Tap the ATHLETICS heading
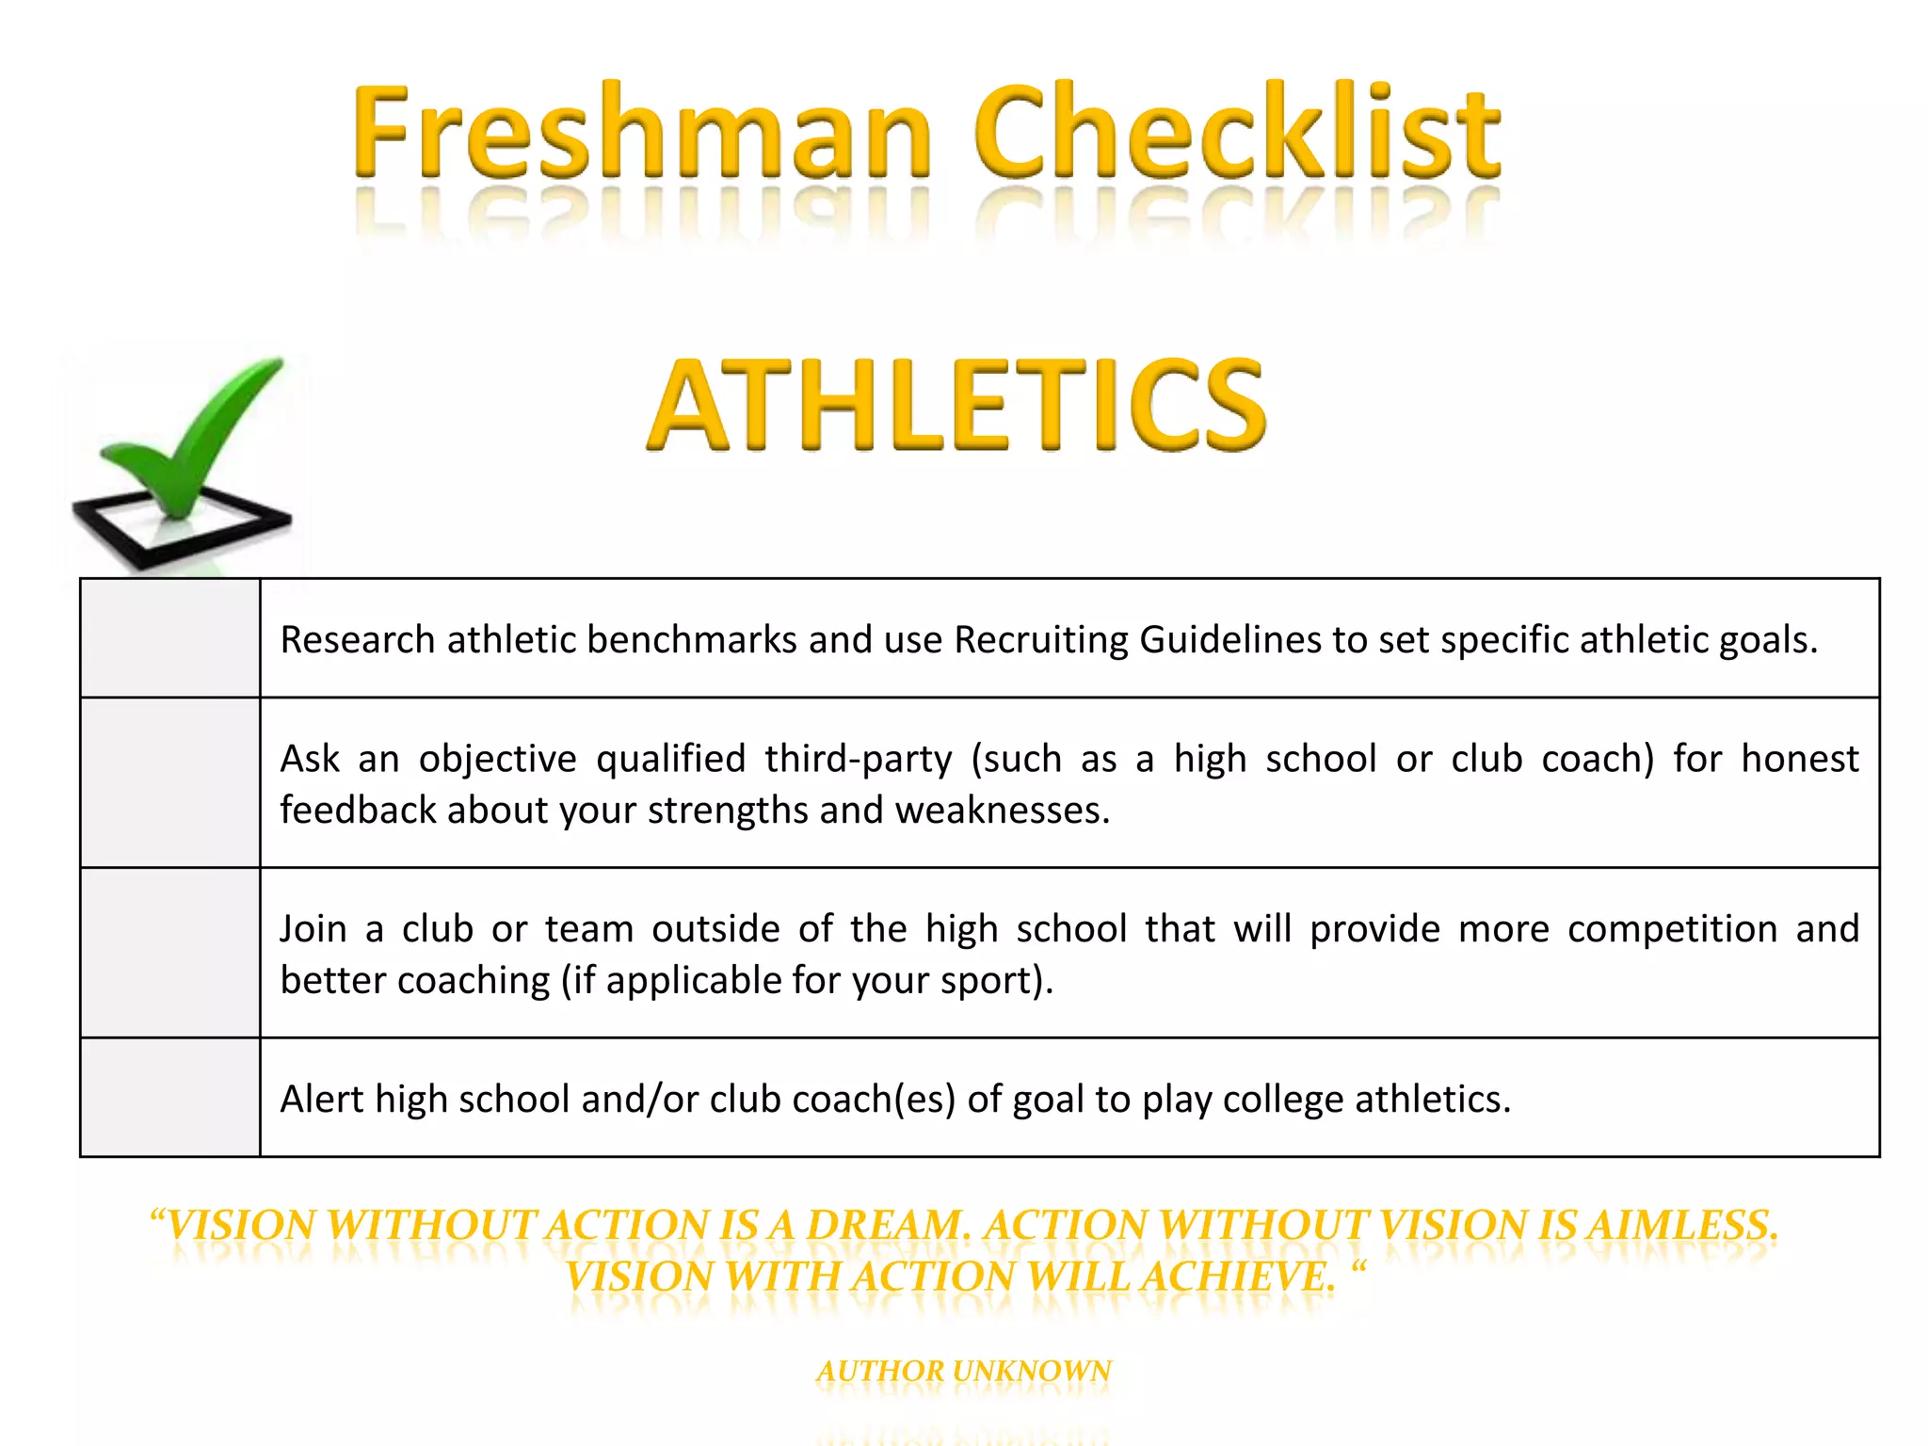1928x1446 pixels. [x=956, y=405]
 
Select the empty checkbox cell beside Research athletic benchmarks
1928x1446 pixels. [x=170, y=638]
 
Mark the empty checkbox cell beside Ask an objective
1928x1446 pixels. [x=170, y=782]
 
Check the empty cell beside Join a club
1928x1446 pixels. [x=170, y=953]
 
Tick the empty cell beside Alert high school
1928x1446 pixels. [x=170, y=1098]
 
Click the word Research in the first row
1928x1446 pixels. [x=358, y=640]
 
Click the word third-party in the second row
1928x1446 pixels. [x=858, y=759]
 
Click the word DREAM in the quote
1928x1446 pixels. [x=885, y=1226]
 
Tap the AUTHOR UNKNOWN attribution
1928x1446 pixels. [x=964, y=1371]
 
